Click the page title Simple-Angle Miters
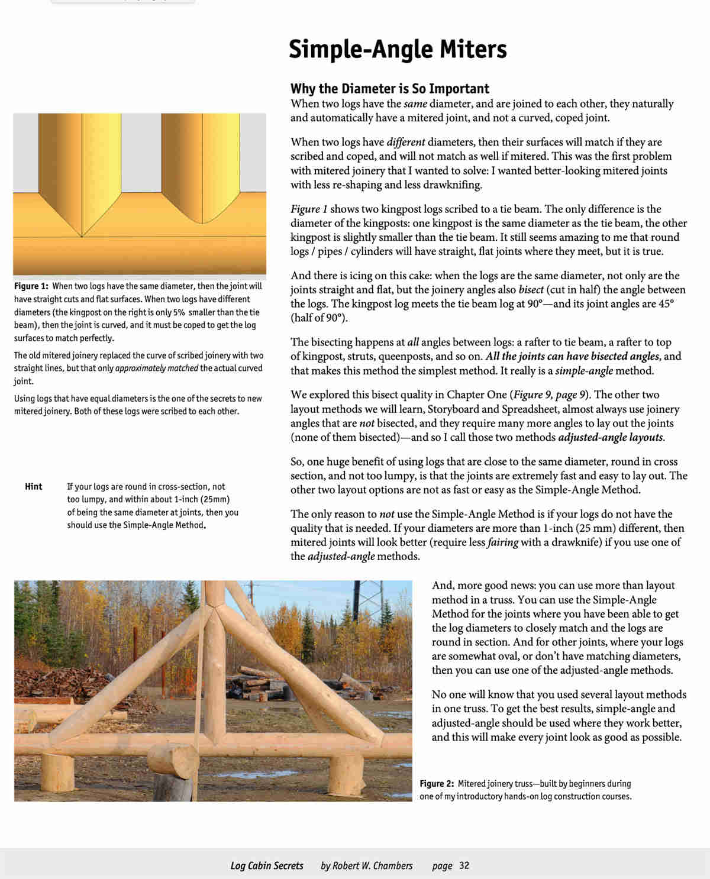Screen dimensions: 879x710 point(397,49)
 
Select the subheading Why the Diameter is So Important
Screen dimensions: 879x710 point(389,89)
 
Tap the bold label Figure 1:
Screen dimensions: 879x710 point(31,286)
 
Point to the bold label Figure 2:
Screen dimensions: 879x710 point(437,784)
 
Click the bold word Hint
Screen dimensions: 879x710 point(34,487)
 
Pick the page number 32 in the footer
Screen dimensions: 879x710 point(464,865)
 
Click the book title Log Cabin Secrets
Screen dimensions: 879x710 point(267,865)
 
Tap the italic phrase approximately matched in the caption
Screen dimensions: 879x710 point(157,369)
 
